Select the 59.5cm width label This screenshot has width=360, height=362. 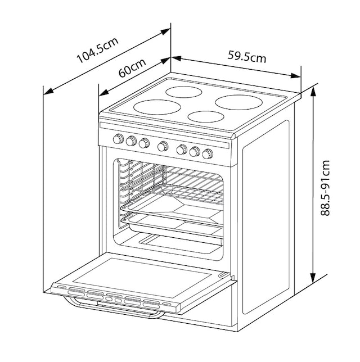(247, 56)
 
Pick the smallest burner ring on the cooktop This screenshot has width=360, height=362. (205, 117)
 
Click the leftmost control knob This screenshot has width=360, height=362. (118, 139)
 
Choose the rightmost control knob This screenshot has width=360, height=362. (209, 153)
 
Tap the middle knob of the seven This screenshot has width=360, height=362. (163, 146)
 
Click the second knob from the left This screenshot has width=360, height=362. (131, 141)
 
